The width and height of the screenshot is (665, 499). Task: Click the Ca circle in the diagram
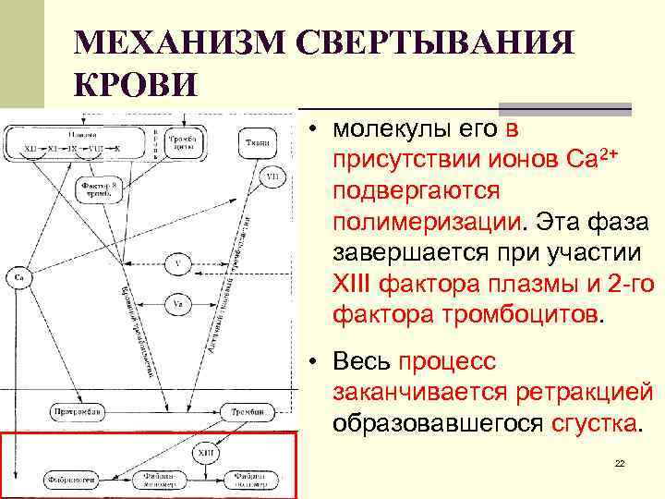(x=18, y=276)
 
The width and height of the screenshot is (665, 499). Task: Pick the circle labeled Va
(x=177, y=303)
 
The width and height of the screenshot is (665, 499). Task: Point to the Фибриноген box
(x=70, y=480)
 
